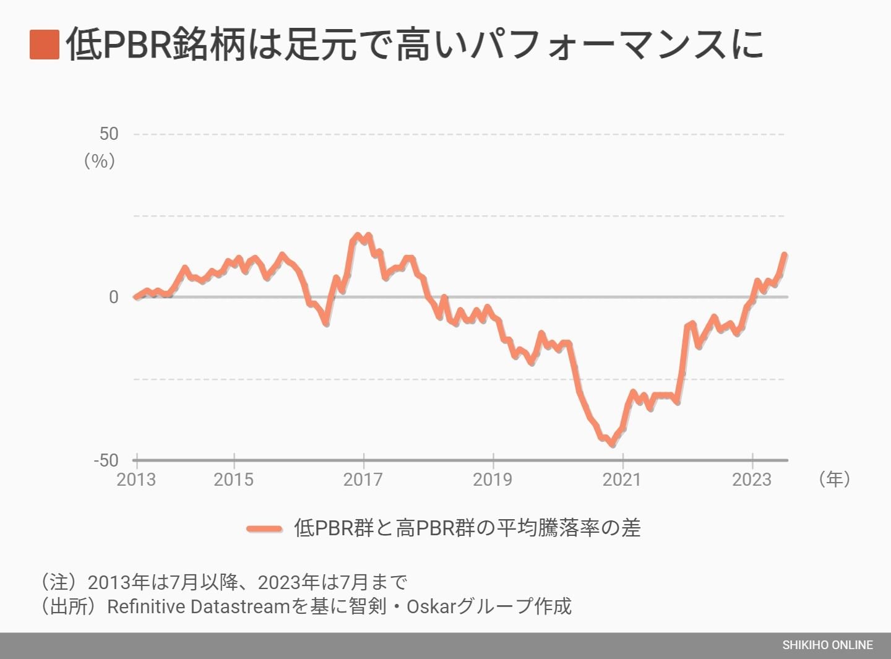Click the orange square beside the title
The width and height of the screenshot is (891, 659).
tap(45, 45)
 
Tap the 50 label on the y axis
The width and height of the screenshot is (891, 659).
tap(108, 134)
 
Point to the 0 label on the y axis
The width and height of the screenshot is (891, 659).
tap(113, 297)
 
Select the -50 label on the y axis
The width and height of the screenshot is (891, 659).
tap(106, 460)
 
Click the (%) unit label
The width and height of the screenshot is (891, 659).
tap(100, 161)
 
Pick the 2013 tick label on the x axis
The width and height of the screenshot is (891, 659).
tap(136, 480)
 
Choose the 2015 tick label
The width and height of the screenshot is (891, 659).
tap(234, 480)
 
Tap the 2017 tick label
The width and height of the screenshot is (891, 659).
tap(363, 480)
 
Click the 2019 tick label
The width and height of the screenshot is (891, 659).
tap(493, 480)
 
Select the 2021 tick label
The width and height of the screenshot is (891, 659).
tap(622, 480)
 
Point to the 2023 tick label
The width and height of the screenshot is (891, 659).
tap(752, 480)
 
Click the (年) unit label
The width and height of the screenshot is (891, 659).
tap(834, 478)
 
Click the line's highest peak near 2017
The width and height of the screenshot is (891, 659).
tap(358, 236)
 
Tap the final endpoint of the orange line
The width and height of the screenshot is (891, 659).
tap(785, 254)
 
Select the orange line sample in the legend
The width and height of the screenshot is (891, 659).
tap(265, 528)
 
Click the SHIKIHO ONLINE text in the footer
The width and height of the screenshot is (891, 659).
tap(827, 645)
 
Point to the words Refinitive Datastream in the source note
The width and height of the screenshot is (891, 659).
tap(199, 606)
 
